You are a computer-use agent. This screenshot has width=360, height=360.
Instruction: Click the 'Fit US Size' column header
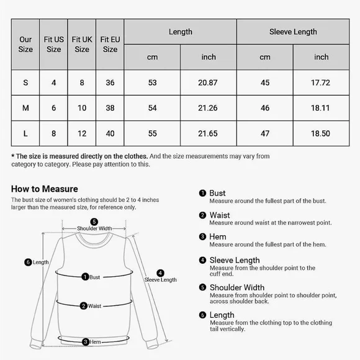point(54,44)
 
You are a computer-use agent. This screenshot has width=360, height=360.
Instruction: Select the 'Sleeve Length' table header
point(293,32)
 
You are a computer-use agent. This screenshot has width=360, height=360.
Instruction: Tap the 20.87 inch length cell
point(209,83)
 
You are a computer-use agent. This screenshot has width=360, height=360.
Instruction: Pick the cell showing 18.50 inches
point(321,133)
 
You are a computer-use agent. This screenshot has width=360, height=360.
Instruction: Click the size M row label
point(25,108)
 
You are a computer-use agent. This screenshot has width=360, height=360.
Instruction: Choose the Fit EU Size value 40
point(110,133)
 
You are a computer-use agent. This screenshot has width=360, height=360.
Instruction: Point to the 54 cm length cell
point(152,108)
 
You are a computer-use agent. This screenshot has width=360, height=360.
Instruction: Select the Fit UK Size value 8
point(82,83)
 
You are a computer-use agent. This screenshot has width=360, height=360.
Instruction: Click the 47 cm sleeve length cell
point(265,133)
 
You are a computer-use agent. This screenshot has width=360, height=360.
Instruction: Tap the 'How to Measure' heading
point(45,189)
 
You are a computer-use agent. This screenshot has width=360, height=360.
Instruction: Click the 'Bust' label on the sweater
point(94,277)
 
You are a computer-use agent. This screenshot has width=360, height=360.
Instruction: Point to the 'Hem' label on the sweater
point(95,342)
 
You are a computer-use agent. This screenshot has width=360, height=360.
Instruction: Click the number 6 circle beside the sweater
point(27,263)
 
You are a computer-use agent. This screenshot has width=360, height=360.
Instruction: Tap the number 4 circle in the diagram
point(160,272)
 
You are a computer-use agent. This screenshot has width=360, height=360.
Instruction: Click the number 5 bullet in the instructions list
point(202,287)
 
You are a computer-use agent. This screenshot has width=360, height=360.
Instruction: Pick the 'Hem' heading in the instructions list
point(217,236)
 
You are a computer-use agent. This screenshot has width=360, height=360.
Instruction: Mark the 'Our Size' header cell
point(25,44)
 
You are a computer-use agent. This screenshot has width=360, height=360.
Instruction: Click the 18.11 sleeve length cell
point(321,108)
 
